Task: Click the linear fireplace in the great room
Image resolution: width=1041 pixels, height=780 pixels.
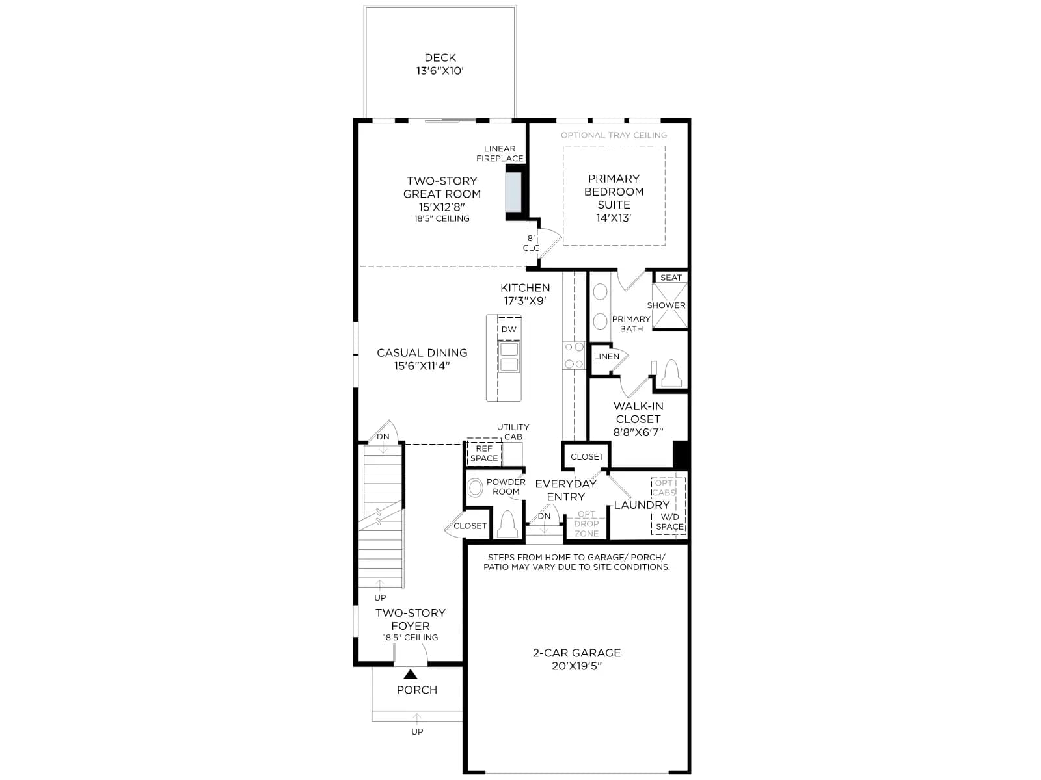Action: pos(513,192)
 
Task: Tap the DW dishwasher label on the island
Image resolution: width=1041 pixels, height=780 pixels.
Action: pos(509,329)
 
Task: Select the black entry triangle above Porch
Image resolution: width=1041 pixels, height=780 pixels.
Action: pos(411,674)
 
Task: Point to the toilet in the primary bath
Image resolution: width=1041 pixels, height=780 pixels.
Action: pos(671,374)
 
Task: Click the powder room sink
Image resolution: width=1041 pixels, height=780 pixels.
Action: pos(475,487)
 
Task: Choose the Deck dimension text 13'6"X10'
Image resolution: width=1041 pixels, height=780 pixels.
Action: pos(440,71)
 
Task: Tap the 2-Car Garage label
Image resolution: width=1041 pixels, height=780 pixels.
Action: pos(576,653)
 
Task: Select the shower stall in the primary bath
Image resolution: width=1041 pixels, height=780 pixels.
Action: pos(669,305)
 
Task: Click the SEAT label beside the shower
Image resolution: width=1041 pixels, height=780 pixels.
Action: pos(671,278)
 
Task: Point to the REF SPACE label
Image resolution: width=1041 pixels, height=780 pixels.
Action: pos(484,453)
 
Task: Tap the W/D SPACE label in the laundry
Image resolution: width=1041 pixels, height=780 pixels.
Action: pos(669,522)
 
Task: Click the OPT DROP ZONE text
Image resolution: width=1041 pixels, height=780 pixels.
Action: pos(586,524)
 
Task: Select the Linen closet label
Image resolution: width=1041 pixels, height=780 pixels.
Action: pos(606,356)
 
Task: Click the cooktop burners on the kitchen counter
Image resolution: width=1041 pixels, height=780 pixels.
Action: pos(574,355)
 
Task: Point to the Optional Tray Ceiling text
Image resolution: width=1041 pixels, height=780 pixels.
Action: pos(614,135)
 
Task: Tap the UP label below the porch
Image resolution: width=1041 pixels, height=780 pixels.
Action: pos(417,732)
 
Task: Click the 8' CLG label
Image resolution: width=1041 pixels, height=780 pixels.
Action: pos(531,243)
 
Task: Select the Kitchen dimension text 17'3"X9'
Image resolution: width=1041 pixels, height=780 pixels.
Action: pos(525,301)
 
